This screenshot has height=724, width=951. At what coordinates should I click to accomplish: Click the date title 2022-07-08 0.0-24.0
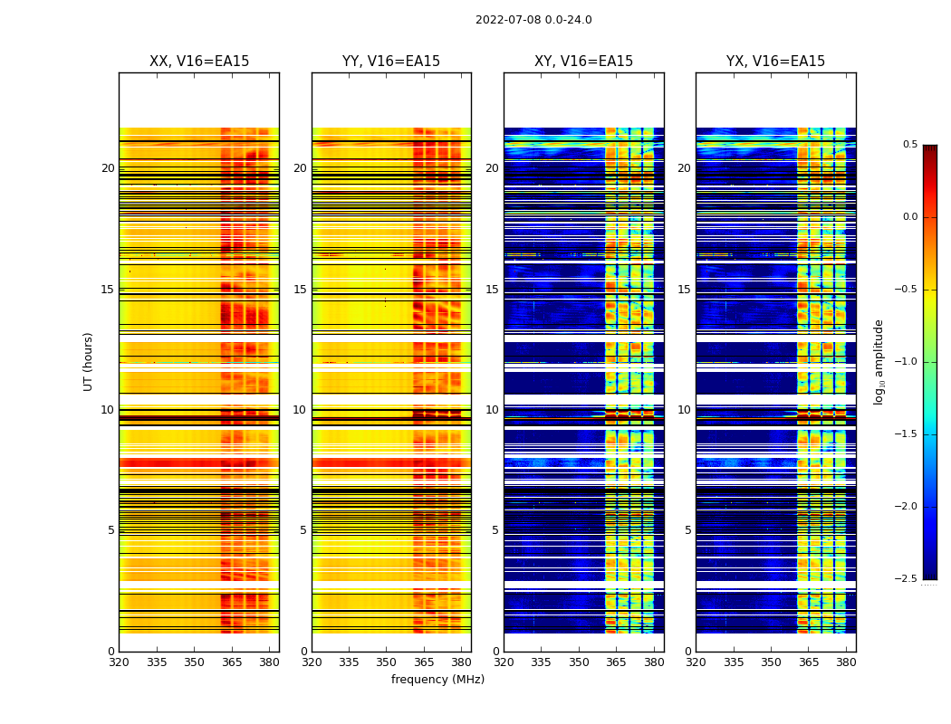[533, 20]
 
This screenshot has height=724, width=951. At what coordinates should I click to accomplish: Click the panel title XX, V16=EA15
[199, 62]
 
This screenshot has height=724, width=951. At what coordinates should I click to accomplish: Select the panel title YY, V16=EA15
[391, 62]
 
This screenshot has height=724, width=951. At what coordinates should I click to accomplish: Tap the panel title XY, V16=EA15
[583, 62]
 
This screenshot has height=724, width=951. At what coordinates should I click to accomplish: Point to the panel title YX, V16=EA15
[775, 62]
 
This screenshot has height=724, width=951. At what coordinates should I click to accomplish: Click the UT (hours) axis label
[89, 361]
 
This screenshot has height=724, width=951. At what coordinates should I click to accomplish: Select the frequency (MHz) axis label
[437, 680]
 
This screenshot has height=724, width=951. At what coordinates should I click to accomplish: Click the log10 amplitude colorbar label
[879, 361]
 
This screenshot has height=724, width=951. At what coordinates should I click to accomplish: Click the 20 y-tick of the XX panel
[108, 168]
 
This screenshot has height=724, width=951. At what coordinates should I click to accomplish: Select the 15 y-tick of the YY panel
[301, 290]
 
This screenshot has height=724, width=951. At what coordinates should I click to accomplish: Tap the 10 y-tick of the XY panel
[493, 410]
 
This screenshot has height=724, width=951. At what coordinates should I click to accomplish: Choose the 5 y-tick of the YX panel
[687, 530]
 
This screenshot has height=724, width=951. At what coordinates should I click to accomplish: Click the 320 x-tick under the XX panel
[120, 662]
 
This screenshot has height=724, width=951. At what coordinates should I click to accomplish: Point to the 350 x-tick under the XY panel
[579, 662]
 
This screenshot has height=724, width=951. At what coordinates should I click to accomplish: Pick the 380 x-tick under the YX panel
[846, 662]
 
